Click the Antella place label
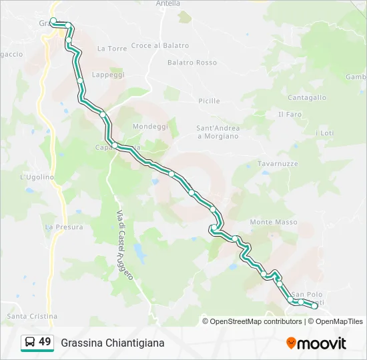pos(167,3)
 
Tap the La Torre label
pos(112,49)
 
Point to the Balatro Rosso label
pos(192,63)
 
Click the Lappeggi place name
pos(108,75)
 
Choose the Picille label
pos(209,101)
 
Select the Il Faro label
pos(290,114)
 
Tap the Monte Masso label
pos(274,222)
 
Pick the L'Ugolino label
pos(37,177)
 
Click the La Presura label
pos(64,227)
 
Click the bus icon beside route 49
pos(29,343)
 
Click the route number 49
pos(45,342)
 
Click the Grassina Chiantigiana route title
pos(112,343)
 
